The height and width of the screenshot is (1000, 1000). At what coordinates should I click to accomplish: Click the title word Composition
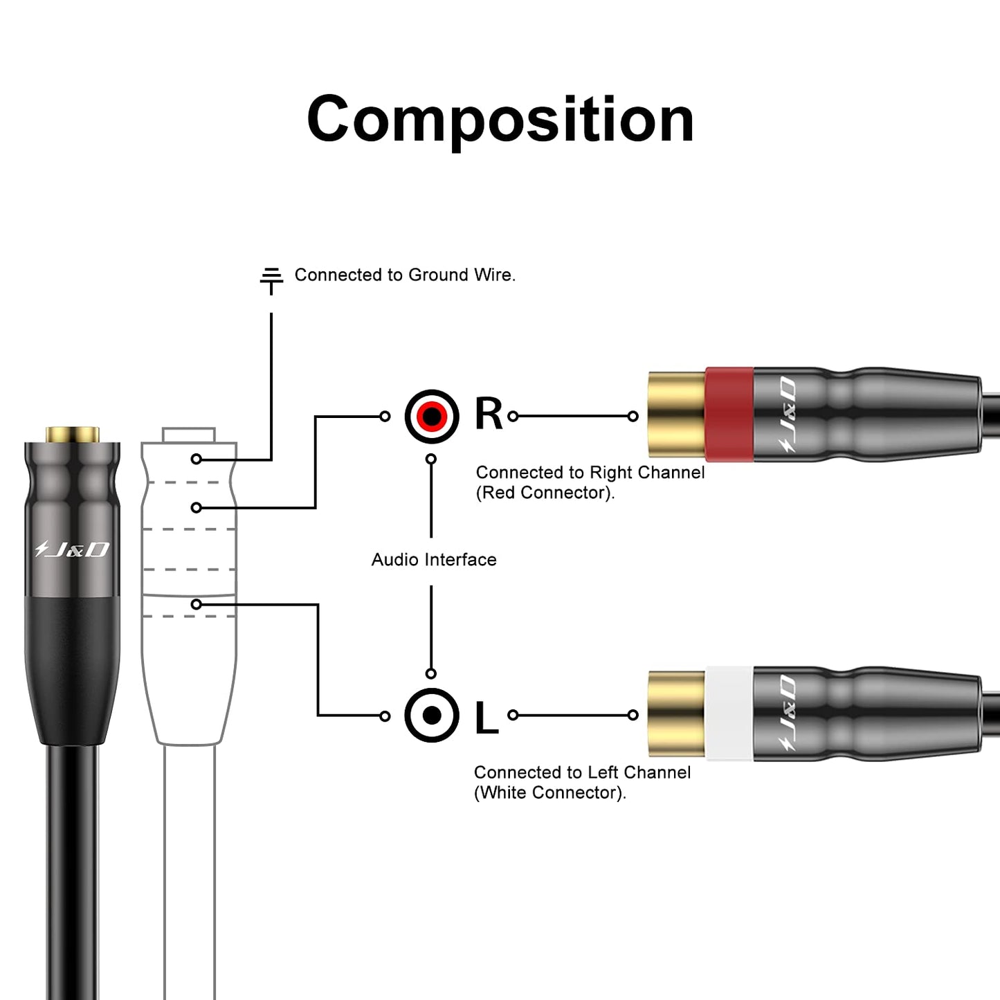(x=500, y=120)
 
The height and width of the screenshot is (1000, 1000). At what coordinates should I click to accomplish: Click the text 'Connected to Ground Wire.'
(x=405, y=275)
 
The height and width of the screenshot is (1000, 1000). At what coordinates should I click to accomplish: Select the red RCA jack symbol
(x=432, y=417)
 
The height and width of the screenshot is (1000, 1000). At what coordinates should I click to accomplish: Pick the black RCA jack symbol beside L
(x=432, y=715)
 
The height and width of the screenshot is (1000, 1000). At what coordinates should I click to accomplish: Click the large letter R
(x=489, y=415)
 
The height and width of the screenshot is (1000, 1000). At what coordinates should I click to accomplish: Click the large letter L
(x=486, y=717)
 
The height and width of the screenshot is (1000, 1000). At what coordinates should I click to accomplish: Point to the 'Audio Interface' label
(x=434, y=559)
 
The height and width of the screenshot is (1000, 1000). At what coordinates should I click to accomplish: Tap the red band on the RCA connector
(x=729, y=414)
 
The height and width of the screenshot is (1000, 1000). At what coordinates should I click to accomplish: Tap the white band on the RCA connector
(x=729, y=713)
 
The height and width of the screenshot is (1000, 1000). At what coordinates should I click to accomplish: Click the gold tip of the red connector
(x=676, y=414)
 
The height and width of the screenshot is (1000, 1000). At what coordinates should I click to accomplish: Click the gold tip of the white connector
(x=676, y=713)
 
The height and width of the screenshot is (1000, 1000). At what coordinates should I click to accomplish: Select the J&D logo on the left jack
(x=73, y=549)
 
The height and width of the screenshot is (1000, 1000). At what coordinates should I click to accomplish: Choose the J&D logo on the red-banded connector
(x=787, y=415)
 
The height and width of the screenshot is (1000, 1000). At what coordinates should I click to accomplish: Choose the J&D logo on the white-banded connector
(x=787, y=713)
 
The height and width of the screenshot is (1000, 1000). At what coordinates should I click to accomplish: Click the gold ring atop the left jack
(x=73, y=435)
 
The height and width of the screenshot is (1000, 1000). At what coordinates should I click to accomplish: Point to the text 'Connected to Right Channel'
(x=590, y=473)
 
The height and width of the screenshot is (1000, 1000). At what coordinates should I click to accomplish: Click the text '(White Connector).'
(x=549, y=792)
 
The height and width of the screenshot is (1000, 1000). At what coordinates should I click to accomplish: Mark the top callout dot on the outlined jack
(x=197, y=459)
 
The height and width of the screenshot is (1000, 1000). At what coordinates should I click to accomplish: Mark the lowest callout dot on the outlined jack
(x=197, y=604)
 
